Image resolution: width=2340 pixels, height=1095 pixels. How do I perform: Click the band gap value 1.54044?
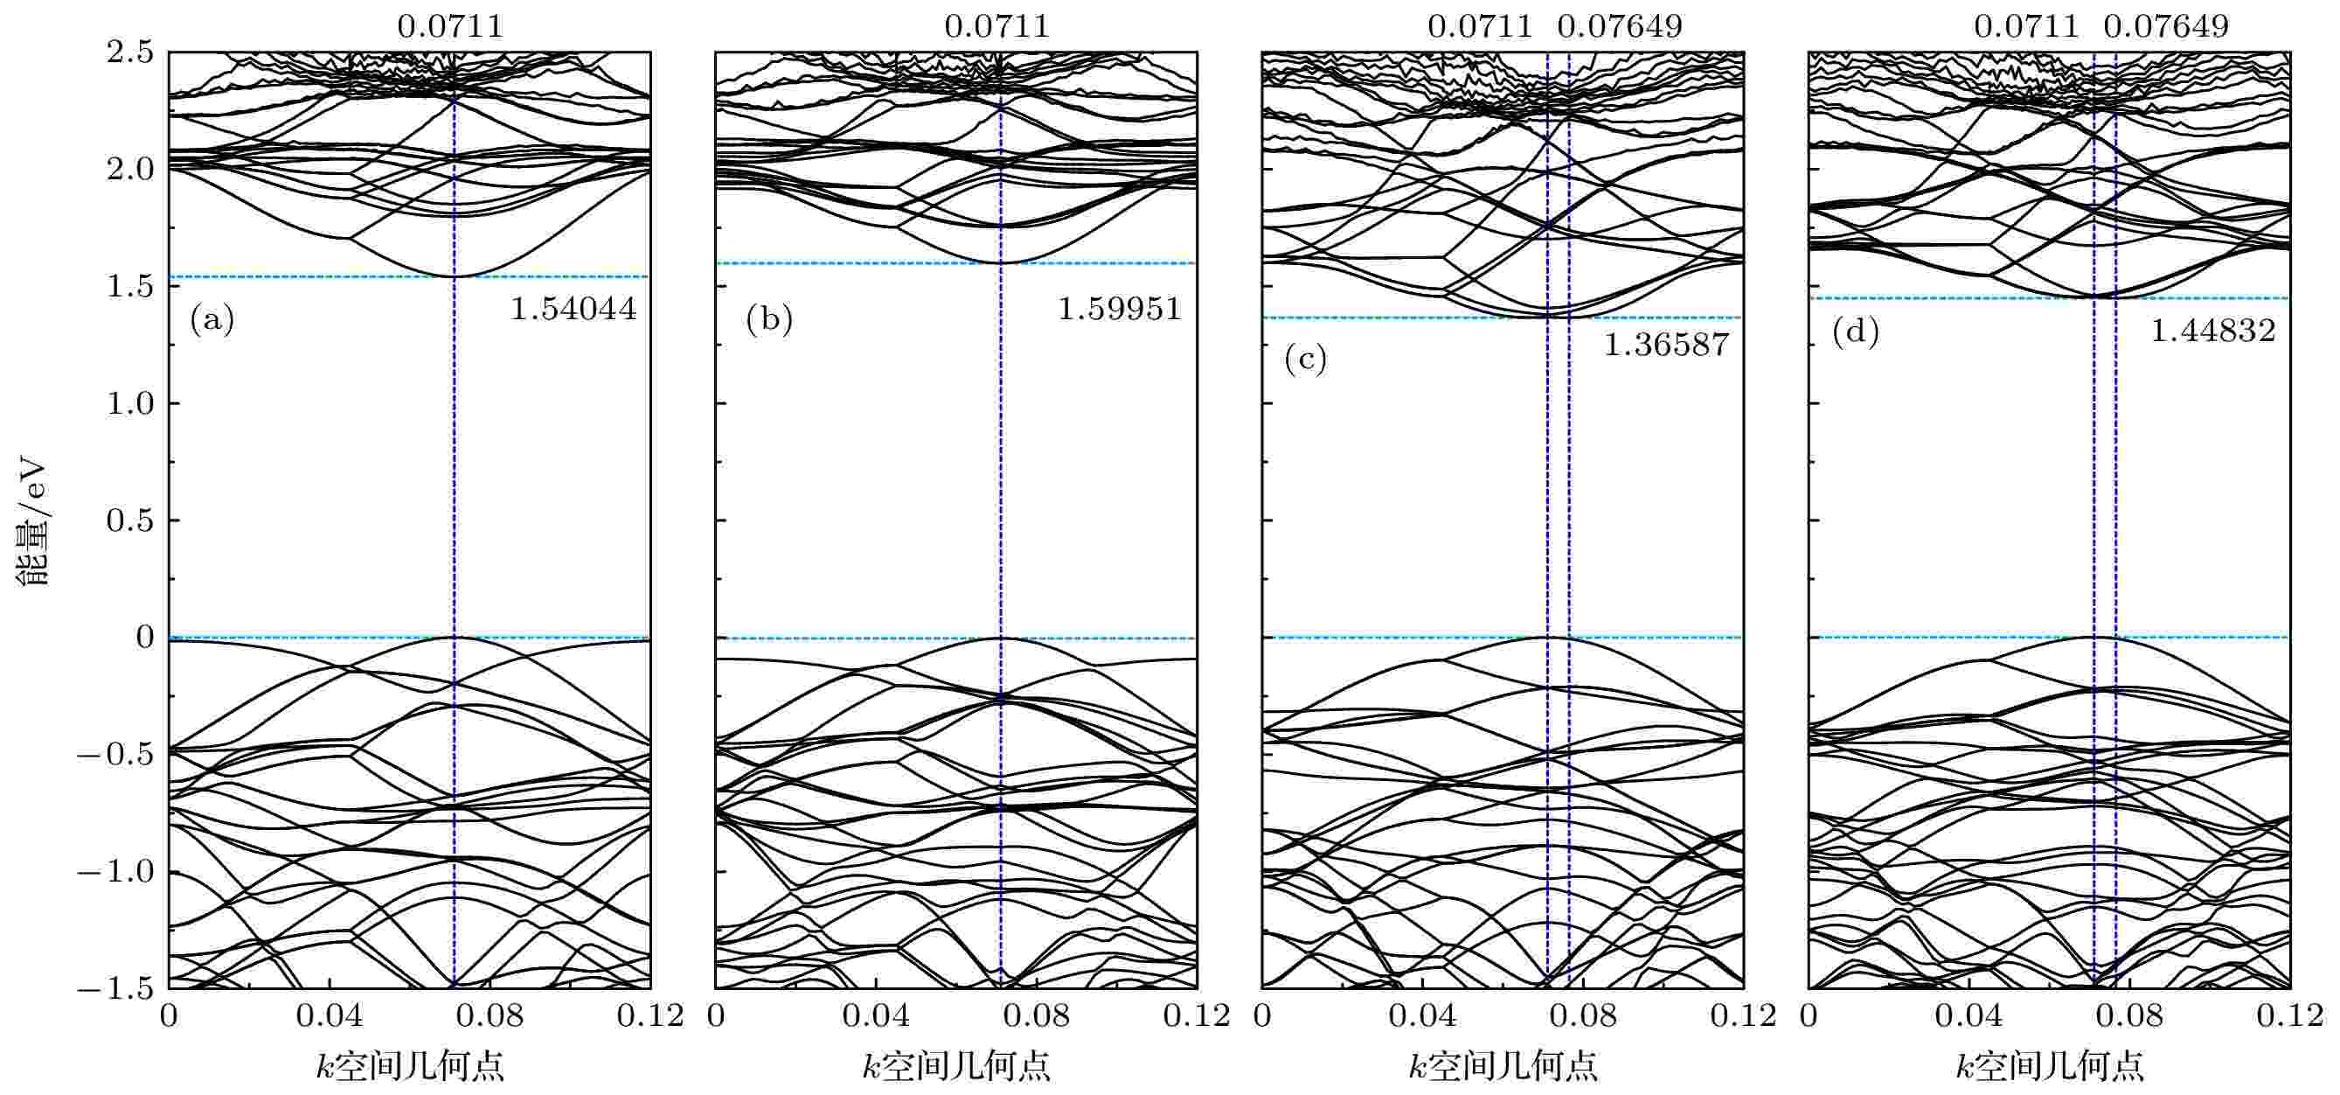click(x=573, y=310)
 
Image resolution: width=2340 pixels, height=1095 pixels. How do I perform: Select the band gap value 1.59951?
click(x=1119, y=310)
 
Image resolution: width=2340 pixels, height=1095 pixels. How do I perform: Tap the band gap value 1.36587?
click(x=1666, y=345)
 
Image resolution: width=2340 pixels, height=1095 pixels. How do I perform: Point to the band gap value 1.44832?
click(x=2213, y=331)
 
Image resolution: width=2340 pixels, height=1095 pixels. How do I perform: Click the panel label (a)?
click(x=212, y=320)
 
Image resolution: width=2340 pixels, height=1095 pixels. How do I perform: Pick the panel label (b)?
click(x=768, y=320)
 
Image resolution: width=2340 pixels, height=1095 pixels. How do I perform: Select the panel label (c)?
click(x=1305, y=359)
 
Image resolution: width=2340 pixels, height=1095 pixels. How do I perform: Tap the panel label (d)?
click(x=1855, y=332)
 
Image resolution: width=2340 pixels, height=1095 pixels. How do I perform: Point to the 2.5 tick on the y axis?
click(x=130, y=52)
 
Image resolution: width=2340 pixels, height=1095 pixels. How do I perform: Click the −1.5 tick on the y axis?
click(x=115, y=988)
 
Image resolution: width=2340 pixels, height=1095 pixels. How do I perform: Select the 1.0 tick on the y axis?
click(x=130, y=403)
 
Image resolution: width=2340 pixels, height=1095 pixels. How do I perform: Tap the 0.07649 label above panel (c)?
click(x=1620, y=26)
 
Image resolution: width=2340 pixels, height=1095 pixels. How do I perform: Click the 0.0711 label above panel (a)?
click(x=449, y=26)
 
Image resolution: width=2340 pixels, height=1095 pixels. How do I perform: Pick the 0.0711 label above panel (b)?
click(x=996, y=26)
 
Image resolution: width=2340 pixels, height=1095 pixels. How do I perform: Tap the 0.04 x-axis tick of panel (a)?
click(x=329, y=1016)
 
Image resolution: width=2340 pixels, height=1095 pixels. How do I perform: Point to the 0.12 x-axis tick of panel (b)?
click(x=1197, y=1016)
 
